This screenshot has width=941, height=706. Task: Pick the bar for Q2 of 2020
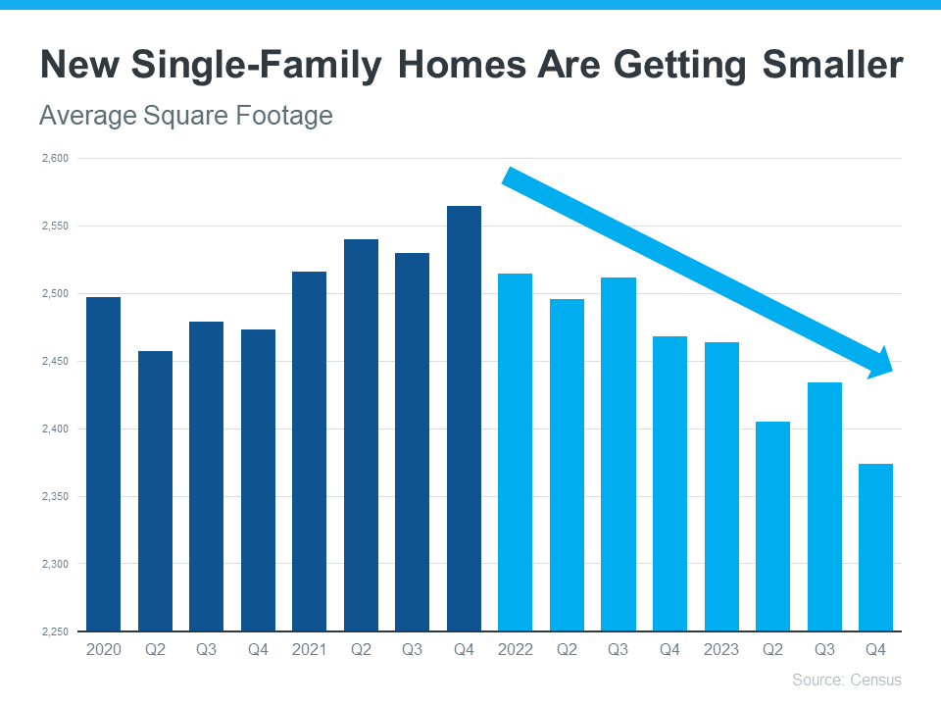click(155, 490)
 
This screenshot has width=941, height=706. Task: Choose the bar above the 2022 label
click(516, 452)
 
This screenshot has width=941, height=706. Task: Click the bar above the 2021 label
click(310, 451)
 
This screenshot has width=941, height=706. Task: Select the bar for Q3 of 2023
click(824, 506)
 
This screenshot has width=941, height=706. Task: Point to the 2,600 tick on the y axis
click(56, 159)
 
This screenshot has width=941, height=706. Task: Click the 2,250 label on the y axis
click(56, 631)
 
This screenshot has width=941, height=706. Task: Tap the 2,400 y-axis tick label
click(56, 429)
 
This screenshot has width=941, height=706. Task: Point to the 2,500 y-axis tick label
click(56, 294)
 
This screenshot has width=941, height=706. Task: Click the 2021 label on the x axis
click(310, 649)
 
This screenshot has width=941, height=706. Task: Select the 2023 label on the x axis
click(721, 649)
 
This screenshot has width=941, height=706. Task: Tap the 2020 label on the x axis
click(104, 649)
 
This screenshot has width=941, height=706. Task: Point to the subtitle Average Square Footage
click(185, 116)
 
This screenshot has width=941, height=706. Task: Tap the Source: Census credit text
click(846, 680)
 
